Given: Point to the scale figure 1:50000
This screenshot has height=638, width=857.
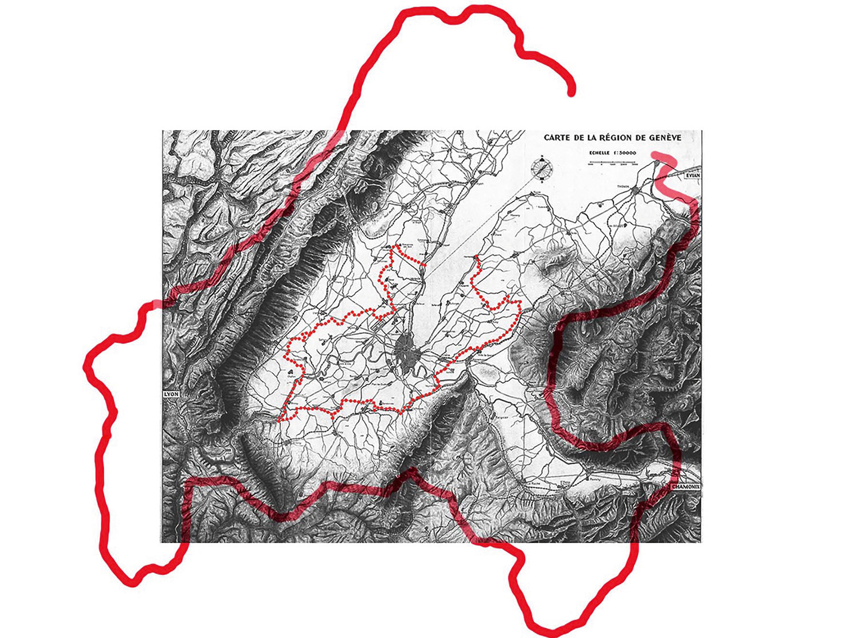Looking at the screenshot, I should [x=624, y=153].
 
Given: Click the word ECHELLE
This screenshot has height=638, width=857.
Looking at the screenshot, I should [x=599, y=153].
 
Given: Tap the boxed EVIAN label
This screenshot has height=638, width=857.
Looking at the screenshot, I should [x=693, y=175].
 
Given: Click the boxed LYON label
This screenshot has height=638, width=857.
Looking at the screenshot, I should [x=171, y=394].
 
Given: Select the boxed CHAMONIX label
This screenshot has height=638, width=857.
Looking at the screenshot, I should [x=686, y=486].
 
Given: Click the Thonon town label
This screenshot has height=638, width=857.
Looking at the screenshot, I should [x=624, y=187].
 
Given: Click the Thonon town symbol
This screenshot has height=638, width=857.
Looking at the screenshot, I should [x=636, y=190].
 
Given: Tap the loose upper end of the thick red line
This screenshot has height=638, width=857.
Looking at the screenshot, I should [x=571, y=93].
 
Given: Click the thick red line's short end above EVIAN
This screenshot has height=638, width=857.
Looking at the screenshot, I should [x=655, y=155].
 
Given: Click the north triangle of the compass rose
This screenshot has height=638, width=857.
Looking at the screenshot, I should [x=542, y=159].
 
